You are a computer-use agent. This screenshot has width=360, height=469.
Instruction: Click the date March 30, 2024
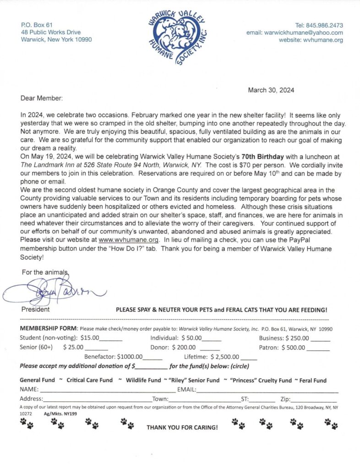[271, 90]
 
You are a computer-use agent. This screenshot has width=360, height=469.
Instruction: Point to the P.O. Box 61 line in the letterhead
[37, 25]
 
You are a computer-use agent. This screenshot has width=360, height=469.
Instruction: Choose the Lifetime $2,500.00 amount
[224, 356]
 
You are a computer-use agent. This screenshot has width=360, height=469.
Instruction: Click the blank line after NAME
[108, 390]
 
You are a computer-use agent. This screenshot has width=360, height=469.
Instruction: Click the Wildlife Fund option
[143, 380]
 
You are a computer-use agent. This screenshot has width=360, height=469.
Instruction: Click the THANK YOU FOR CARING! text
[182, 427]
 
